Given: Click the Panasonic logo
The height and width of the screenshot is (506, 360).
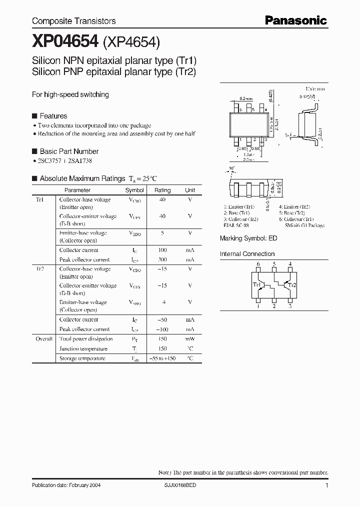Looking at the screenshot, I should pyautogui.click(x=295, y=20).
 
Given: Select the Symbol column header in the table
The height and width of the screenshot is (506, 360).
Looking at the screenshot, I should pyautogui.click(x=134, y=190).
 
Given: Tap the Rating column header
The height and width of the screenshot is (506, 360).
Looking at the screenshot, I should pyautogui.click(x=162, y=190).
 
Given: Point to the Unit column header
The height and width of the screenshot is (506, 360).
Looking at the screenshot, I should pyautogui.click(x=190, y=190).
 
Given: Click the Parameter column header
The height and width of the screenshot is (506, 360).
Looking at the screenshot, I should pyautogui.click(x=77, y=190).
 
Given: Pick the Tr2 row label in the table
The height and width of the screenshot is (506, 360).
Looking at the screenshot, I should pyautogui.click(x=40, y=269).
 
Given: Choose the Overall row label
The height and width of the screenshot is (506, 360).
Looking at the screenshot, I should pyautogui.click(x=44, y=339).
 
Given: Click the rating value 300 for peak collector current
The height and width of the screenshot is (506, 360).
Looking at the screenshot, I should pyautogui.click(x=162, y=260).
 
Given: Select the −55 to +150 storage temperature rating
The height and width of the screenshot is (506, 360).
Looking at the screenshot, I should pyautogui.click(x=162, y=358).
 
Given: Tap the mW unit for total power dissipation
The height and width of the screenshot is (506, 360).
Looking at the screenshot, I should pyautogui.click(x=190, y=339).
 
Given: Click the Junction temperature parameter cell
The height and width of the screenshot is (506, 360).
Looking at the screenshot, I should pyautogui.click(x=83, y=349).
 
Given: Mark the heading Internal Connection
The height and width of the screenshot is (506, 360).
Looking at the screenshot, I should pyautogui.click(x=247, y=254).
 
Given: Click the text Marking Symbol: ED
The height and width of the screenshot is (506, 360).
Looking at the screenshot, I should pyautogui.click(x=248, y=238).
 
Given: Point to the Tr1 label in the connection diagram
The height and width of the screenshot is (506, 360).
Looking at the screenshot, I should pyautogui.click(x=257, y=285).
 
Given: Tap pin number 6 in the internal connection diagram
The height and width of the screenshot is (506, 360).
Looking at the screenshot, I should pyautogui.click(x=258, y=264).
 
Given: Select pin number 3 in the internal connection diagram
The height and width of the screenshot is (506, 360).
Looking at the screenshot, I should pyautogui.click(x=290, y=306).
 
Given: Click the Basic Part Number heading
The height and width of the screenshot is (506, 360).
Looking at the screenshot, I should pyautogui.click(x=69, y=151).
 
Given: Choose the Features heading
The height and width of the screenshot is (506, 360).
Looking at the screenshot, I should pyautogui.click(x=53, y=116).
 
